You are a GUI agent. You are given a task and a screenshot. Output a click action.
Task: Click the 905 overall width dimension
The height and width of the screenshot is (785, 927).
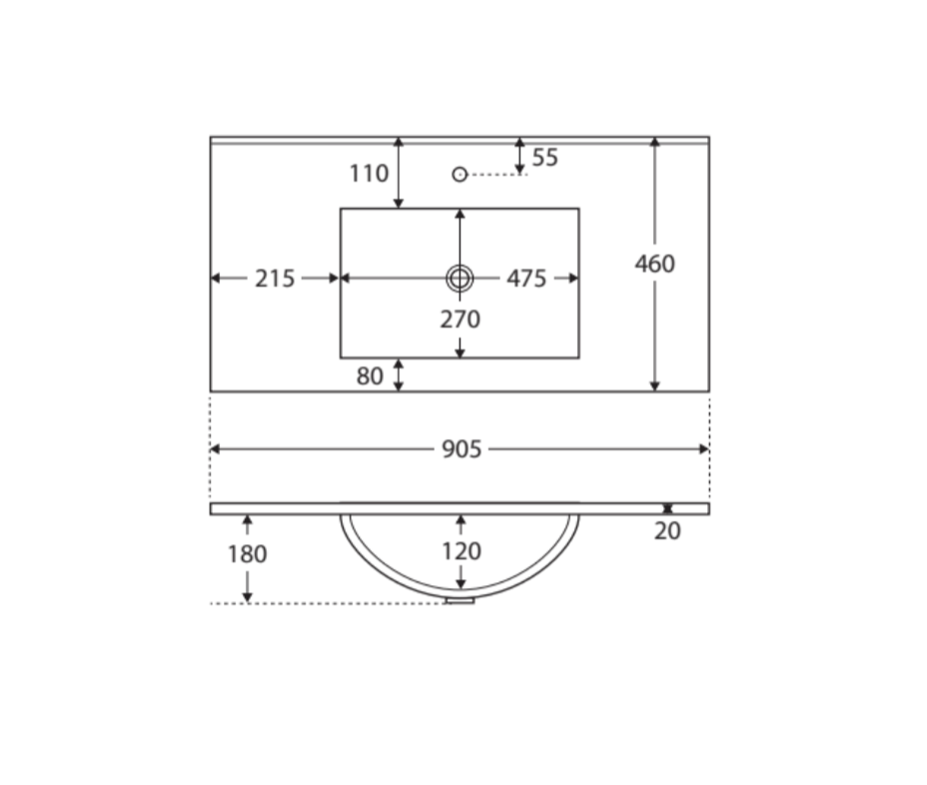[x=462, y=449]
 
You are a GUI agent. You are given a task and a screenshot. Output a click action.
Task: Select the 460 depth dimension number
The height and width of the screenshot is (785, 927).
[x=654, y=264]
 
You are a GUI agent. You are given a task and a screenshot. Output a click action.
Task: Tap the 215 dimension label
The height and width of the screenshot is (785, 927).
[x=275, y=279]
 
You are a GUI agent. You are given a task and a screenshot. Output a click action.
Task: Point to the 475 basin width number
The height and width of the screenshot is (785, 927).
[x=526, y=279]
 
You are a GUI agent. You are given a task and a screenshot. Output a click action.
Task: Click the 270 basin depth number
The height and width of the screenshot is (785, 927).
[x=460, y=320]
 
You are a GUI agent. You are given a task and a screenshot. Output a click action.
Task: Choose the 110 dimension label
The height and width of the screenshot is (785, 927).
[x=369, y=174]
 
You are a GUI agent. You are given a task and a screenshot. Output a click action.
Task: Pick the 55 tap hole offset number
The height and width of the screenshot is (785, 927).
[x=544, y=157]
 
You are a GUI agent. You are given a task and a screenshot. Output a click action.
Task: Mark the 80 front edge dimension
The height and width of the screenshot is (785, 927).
[x=370, y=376]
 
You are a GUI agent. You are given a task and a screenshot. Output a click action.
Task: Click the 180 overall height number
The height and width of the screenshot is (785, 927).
[x=247, y=554]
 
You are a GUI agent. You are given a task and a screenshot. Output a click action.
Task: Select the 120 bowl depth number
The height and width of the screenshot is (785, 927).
[x=462, y=551]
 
